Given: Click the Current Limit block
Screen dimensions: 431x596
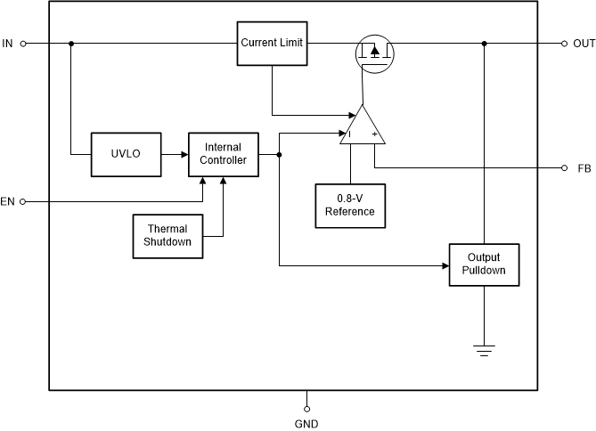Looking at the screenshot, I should click(x=272, y=43).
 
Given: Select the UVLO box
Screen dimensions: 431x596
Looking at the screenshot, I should click(x=126, y=154).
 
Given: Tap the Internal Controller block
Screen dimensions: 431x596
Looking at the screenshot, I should click(x=223, y=154).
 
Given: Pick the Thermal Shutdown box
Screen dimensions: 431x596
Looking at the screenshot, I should click(x=167, y=236).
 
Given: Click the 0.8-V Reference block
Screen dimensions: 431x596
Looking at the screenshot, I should click(x=349, y=206).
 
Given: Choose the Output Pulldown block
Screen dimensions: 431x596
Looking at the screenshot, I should click(x=484, y=264).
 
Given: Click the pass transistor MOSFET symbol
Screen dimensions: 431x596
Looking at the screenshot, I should click(x=374, y=53).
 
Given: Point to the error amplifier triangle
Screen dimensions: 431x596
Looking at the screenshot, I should click(x=361, y=127).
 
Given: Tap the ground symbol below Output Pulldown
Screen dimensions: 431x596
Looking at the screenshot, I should click(x=484, y=351).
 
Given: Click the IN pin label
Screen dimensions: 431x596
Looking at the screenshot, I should click(x=8, y=43).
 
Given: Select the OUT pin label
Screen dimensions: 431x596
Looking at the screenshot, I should click(x=584, y=43).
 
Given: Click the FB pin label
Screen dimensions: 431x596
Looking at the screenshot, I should click(x=584, y=168).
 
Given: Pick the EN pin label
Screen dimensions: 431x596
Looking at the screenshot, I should click(x=8, y=202).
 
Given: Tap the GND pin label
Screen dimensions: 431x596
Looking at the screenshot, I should click(x=306, y=424).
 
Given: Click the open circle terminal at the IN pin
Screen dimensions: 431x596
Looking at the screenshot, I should click(x=24, y=43).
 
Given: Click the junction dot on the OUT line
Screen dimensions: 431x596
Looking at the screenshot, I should click(x=484, y=43).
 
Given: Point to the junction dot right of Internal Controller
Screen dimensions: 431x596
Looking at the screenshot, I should click(x=280, y=155).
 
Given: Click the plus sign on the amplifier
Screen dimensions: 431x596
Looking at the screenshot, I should click(x=375, y=135).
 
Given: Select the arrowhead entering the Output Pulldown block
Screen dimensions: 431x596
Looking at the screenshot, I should click(x=445, y=264).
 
